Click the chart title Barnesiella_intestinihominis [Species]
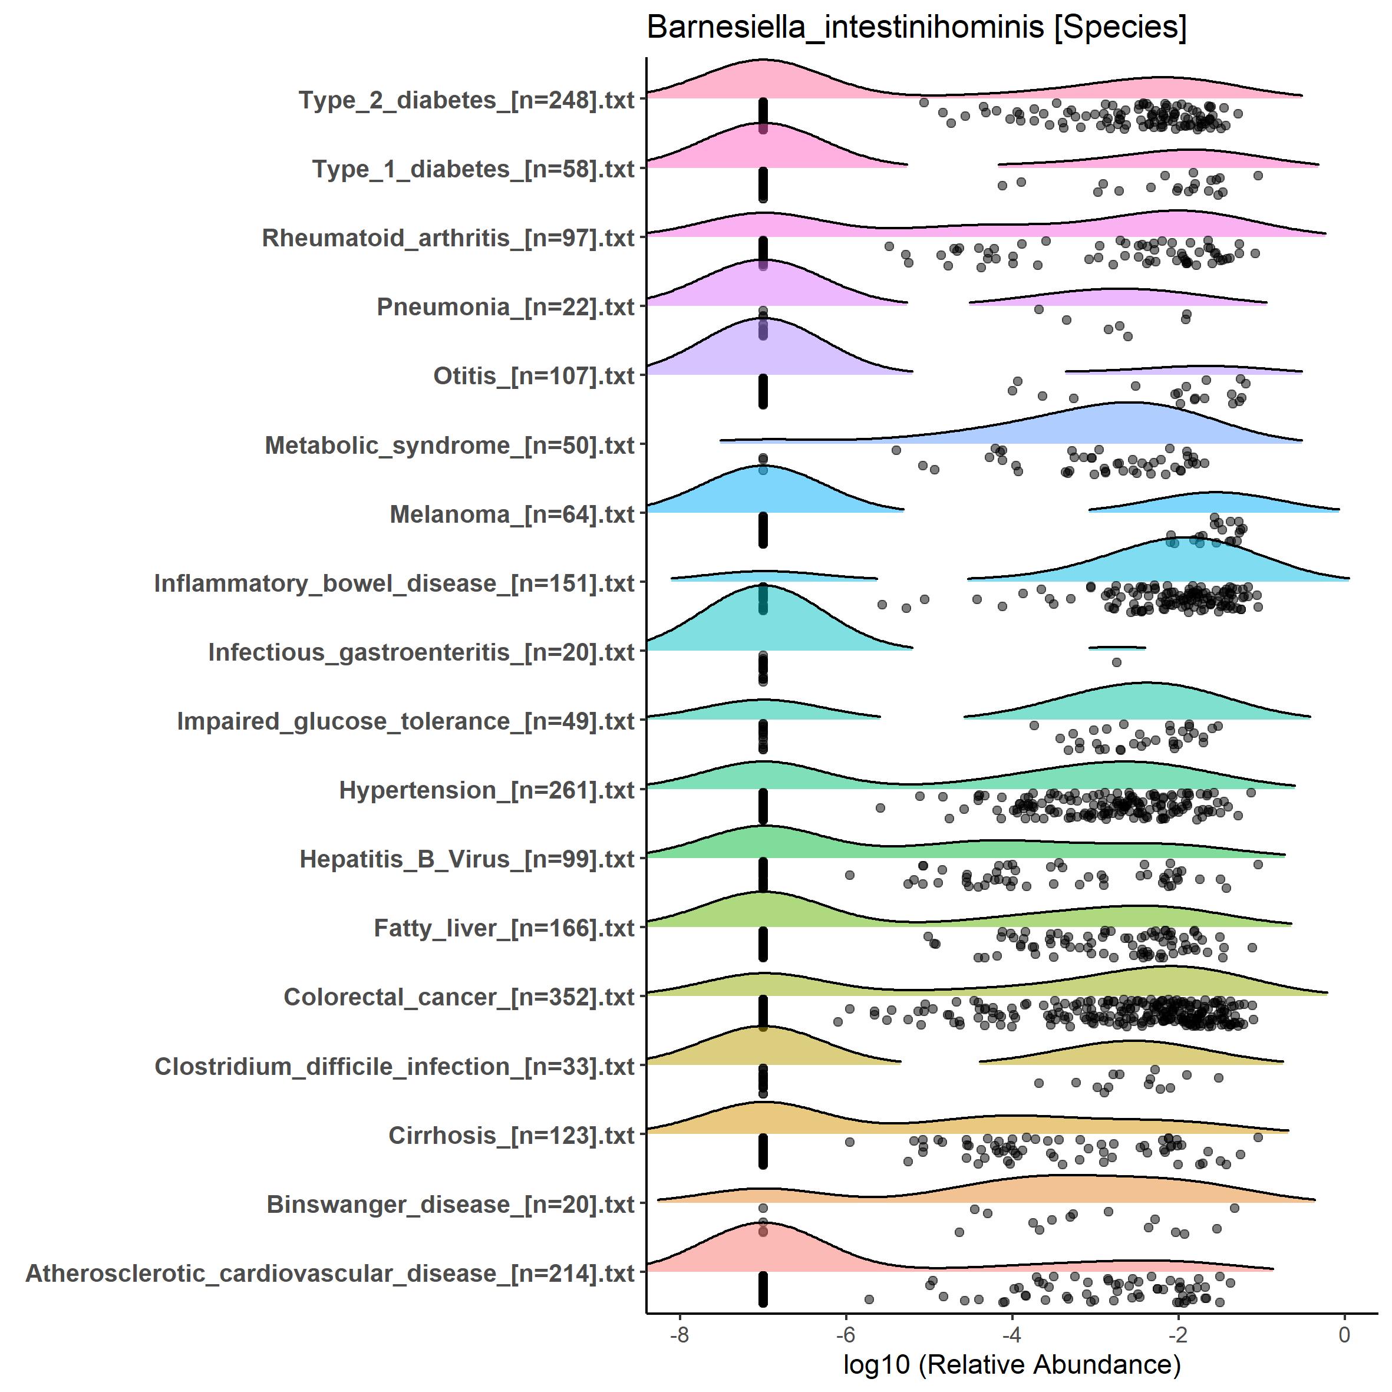pos(916,27)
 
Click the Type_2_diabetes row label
pos(466,100)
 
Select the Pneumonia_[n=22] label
pos(505,307)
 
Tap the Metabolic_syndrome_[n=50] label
pos(450,446)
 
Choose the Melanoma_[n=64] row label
pos(512,514)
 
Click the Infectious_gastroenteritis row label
pos(421,652)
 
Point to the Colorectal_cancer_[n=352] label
pos(459,997)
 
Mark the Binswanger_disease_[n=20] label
pos(450,1204)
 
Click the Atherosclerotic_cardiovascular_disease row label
pos(330,1273)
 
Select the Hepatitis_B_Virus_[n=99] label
pos(467,859)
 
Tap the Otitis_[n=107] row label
pos(533,376)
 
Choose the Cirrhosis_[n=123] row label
pos(511,1136)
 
